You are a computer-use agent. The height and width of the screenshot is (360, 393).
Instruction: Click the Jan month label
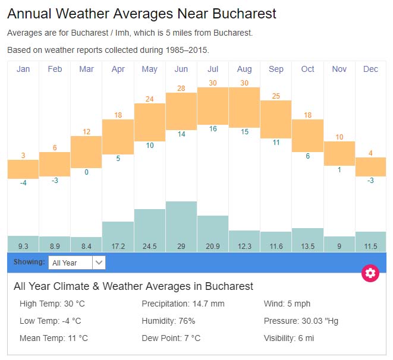coord(23,70)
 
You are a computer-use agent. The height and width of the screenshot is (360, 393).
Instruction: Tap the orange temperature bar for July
coord(213,106)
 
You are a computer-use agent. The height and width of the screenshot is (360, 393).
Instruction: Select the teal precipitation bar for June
coord(181,220)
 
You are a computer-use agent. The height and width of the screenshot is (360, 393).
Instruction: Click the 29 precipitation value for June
coord(181,245)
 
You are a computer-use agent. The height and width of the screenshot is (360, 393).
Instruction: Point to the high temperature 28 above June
coord(181,88)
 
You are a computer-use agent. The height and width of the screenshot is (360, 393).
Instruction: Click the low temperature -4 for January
coord(23,183)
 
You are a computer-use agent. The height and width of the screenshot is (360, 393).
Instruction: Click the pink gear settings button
coord(370,273)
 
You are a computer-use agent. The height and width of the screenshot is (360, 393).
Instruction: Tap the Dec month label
coord(370,70)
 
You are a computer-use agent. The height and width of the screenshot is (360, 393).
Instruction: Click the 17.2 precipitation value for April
coord(118,245)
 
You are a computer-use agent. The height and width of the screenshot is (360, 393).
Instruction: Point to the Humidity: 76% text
coord(168,321)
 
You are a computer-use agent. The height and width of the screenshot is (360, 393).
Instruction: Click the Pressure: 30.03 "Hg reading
coord(301,321)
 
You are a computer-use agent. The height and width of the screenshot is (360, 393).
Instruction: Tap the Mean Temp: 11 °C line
coord(54,338)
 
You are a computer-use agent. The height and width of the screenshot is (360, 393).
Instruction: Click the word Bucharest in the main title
coord(243,14)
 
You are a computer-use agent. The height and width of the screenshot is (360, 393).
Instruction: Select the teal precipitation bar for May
coord(150,223)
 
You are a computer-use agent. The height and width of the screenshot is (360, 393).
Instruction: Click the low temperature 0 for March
coord(86,172)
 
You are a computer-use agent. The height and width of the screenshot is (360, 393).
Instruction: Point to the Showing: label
coord(29,262)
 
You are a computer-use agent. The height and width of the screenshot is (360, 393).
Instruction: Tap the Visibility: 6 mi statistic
coord(289,338)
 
